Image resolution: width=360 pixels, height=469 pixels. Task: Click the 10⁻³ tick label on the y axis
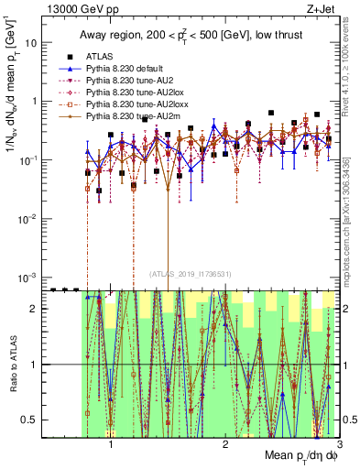click(29, 277)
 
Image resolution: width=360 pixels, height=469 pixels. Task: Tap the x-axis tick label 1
click(111, 444)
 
